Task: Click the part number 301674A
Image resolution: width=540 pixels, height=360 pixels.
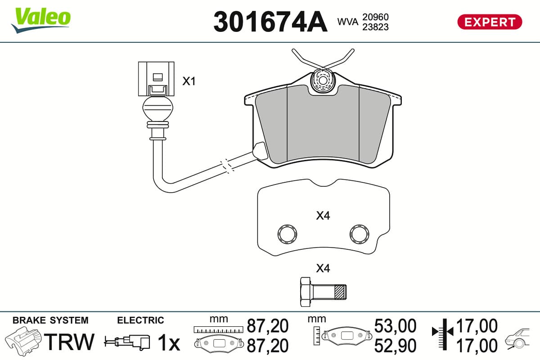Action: [x=270, y=22]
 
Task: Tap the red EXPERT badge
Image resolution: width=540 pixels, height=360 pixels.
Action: [x=490, y=22]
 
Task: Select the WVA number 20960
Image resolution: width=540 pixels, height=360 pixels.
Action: [x=375, y=17]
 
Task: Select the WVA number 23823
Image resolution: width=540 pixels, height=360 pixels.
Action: [x=375, y=27]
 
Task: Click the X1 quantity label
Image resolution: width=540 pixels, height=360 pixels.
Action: [x=189, y=81]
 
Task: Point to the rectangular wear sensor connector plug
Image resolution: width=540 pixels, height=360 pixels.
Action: [x=156, y=79]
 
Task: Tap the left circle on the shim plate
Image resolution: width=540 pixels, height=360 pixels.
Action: [x=287, y=234]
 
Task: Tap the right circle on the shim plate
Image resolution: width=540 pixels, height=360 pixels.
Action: [x=359, y=234]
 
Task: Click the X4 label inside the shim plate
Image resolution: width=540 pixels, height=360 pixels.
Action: [x=323, y=216]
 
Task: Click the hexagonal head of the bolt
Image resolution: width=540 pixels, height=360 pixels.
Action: [x=306, y=292]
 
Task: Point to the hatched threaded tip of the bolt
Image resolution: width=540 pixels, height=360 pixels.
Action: [x=341, y=292]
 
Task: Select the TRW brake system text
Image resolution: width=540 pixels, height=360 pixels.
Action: [x=69, y=342]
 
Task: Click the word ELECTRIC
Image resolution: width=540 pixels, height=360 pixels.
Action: [x=140, y=320]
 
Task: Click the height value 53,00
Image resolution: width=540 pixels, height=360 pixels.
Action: [x=395, y=326]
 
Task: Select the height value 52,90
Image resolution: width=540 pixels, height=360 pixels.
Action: [x=395, y=346]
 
